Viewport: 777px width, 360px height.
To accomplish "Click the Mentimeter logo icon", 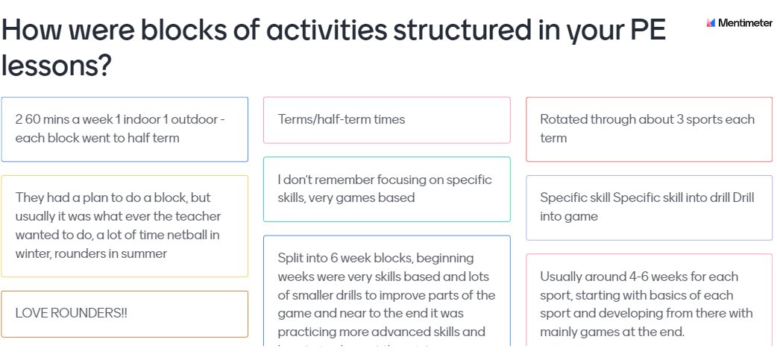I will click(711, 23).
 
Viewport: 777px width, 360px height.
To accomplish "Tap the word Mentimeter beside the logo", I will click(745, 23).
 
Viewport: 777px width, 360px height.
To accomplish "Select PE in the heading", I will click(642, 31).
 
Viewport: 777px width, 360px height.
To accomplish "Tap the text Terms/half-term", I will click(326, 119).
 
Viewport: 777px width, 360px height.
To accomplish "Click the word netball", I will click(198, 235).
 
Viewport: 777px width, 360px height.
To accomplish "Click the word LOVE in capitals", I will click(30, 313).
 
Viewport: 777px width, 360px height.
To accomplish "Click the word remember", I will click(340, 180).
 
